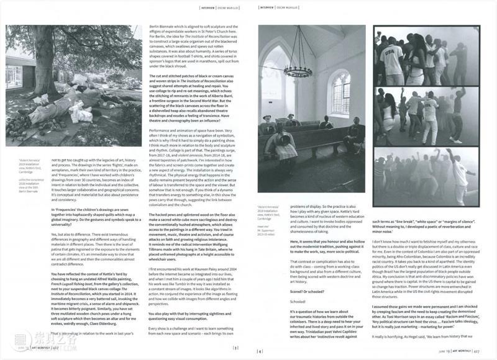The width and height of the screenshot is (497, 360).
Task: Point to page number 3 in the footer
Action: pos(236,348)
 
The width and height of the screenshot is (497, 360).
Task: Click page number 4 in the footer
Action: pos(262,348)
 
